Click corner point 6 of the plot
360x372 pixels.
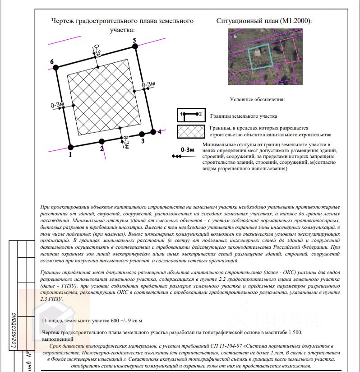[56, 67]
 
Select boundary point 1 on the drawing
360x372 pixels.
[70, 147]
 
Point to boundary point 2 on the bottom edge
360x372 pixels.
[102, 141]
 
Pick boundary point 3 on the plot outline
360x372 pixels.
[142, 134]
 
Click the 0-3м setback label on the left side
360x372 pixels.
[58, 105]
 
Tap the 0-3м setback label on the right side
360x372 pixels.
[148, 84]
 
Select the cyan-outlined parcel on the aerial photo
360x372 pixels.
[259, 56]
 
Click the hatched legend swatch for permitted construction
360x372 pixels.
[191, 131]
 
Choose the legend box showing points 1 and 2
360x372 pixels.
[191, 116]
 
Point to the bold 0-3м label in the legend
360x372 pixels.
[187, 149]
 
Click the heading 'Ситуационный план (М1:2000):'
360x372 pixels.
[264, 21]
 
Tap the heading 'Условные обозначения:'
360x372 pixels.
[258, 99]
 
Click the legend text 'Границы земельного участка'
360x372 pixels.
[244, 116]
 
